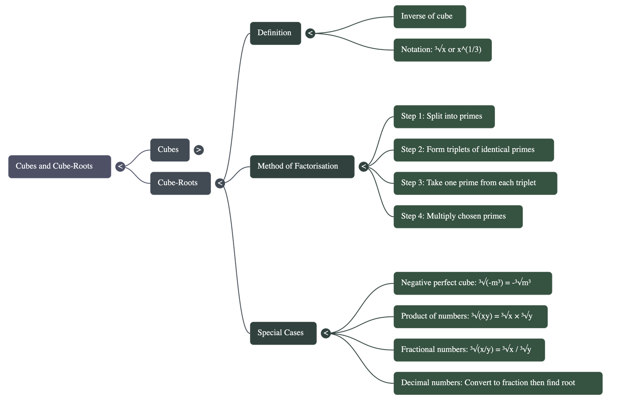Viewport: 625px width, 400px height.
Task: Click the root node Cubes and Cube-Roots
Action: (x=59, y=167)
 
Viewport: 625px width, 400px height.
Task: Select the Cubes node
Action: (x=170, y=150)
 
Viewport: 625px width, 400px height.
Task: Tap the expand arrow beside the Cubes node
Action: (x=199, y=150)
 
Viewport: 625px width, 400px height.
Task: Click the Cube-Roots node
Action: (x=180, y=183)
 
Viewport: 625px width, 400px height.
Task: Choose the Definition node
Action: (x=275, y=33)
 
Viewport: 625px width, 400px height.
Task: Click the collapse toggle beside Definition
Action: (x=310, y=33)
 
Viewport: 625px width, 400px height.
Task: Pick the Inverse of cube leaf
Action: (x=429, y=16)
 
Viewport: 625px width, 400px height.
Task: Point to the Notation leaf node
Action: (x=442, y=50)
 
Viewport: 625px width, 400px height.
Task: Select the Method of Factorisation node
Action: (x=302, y=167)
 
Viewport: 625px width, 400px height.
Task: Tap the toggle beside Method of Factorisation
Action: (x=364, y=167)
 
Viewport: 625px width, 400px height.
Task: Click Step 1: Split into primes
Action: (x=444, y=116)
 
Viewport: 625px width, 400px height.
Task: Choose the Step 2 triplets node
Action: (x=473, y=150)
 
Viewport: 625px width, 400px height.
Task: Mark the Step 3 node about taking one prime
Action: (x=475, y=183)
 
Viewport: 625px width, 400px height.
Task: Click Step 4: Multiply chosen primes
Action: (x=458, y=216)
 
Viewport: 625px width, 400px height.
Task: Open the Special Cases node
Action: (x=283, y=333)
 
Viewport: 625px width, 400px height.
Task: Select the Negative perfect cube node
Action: (x=472, y=283)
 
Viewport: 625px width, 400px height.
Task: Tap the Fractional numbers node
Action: (x=469, y=350)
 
